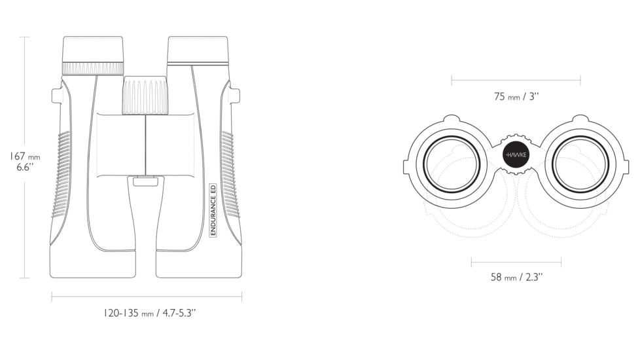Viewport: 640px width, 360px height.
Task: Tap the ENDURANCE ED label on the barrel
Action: pyautogui.click(x=213, y=210)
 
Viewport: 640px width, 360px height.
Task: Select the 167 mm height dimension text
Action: pyautogui.click(x=25, y=156)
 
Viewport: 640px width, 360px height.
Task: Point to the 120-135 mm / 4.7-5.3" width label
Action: pyautogui.click(x=149, y=313)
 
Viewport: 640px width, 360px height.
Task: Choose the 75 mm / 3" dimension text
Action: pyautogui.click(x=516, y=97)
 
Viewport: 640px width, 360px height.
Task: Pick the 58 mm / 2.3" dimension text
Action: pyautogui.click(x=516, y=277)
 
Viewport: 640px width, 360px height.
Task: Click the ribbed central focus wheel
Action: pyautogui.click(x=145, y=95)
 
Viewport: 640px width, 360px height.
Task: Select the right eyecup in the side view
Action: pyautogui.click(x=198, y=50)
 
